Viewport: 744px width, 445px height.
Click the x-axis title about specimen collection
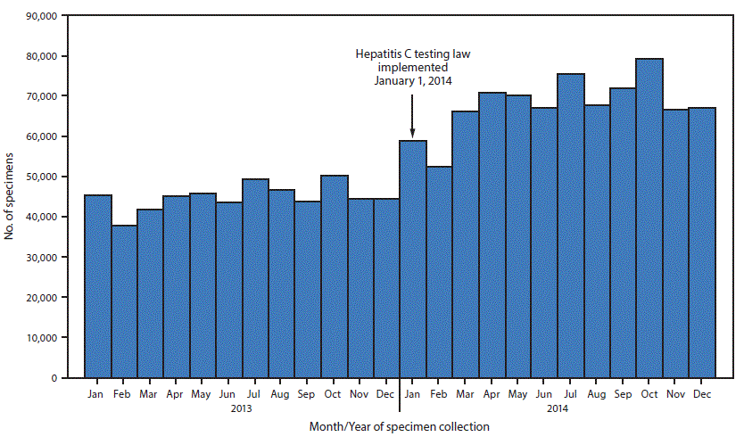pos(400,427)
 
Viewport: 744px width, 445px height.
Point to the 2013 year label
pos(241,409)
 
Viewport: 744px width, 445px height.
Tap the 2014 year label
pos(558,409)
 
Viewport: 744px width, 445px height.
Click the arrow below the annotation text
pos(412,111)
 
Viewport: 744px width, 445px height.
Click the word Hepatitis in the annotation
pos(375,54)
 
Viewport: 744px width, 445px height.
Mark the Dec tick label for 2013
pos(386,392)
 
